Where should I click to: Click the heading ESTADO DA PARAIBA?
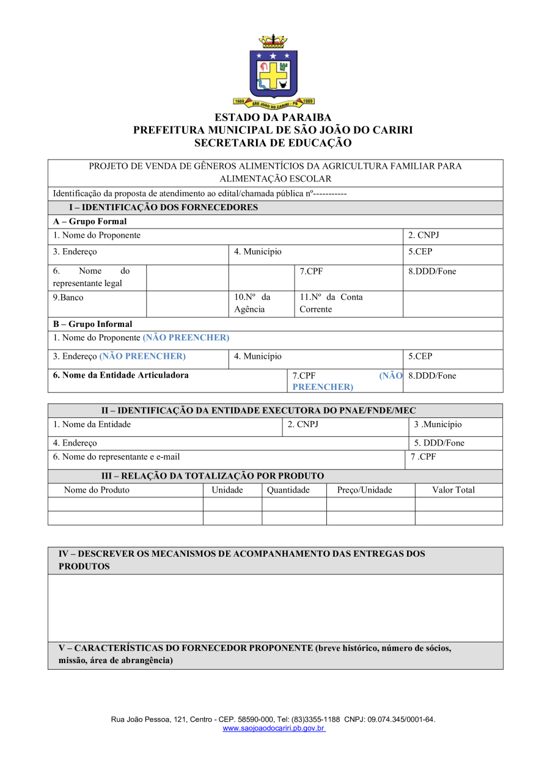click(x=273, y=117)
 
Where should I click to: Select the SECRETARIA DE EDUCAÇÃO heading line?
click(x=273, y=143)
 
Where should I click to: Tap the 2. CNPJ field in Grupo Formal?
click(x=424, y=235)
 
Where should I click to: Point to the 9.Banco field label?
click(x=68, y=298)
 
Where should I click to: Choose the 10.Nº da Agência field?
click(x=252, y=303)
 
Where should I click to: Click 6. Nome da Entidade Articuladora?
click(x=121, y=375)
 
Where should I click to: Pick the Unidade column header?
click(x=227, y=490)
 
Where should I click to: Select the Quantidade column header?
click(x=288, y=490)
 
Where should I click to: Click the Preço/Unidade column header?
click(x=365, y=490)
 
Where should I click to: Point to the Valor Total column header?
click(x=453, y=490)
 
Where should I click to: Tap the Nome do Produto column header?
click(x=97, y=490)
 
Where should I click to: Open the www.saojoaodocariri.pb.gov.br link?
click(x=273, y=728)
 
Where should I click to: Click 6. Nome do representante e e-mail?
click(x=116, y=457)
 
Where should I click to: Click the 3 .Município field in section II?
click(x=438, y=425)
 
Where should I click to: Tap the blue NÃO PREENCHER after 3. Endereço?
click(x=142, y=356)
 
